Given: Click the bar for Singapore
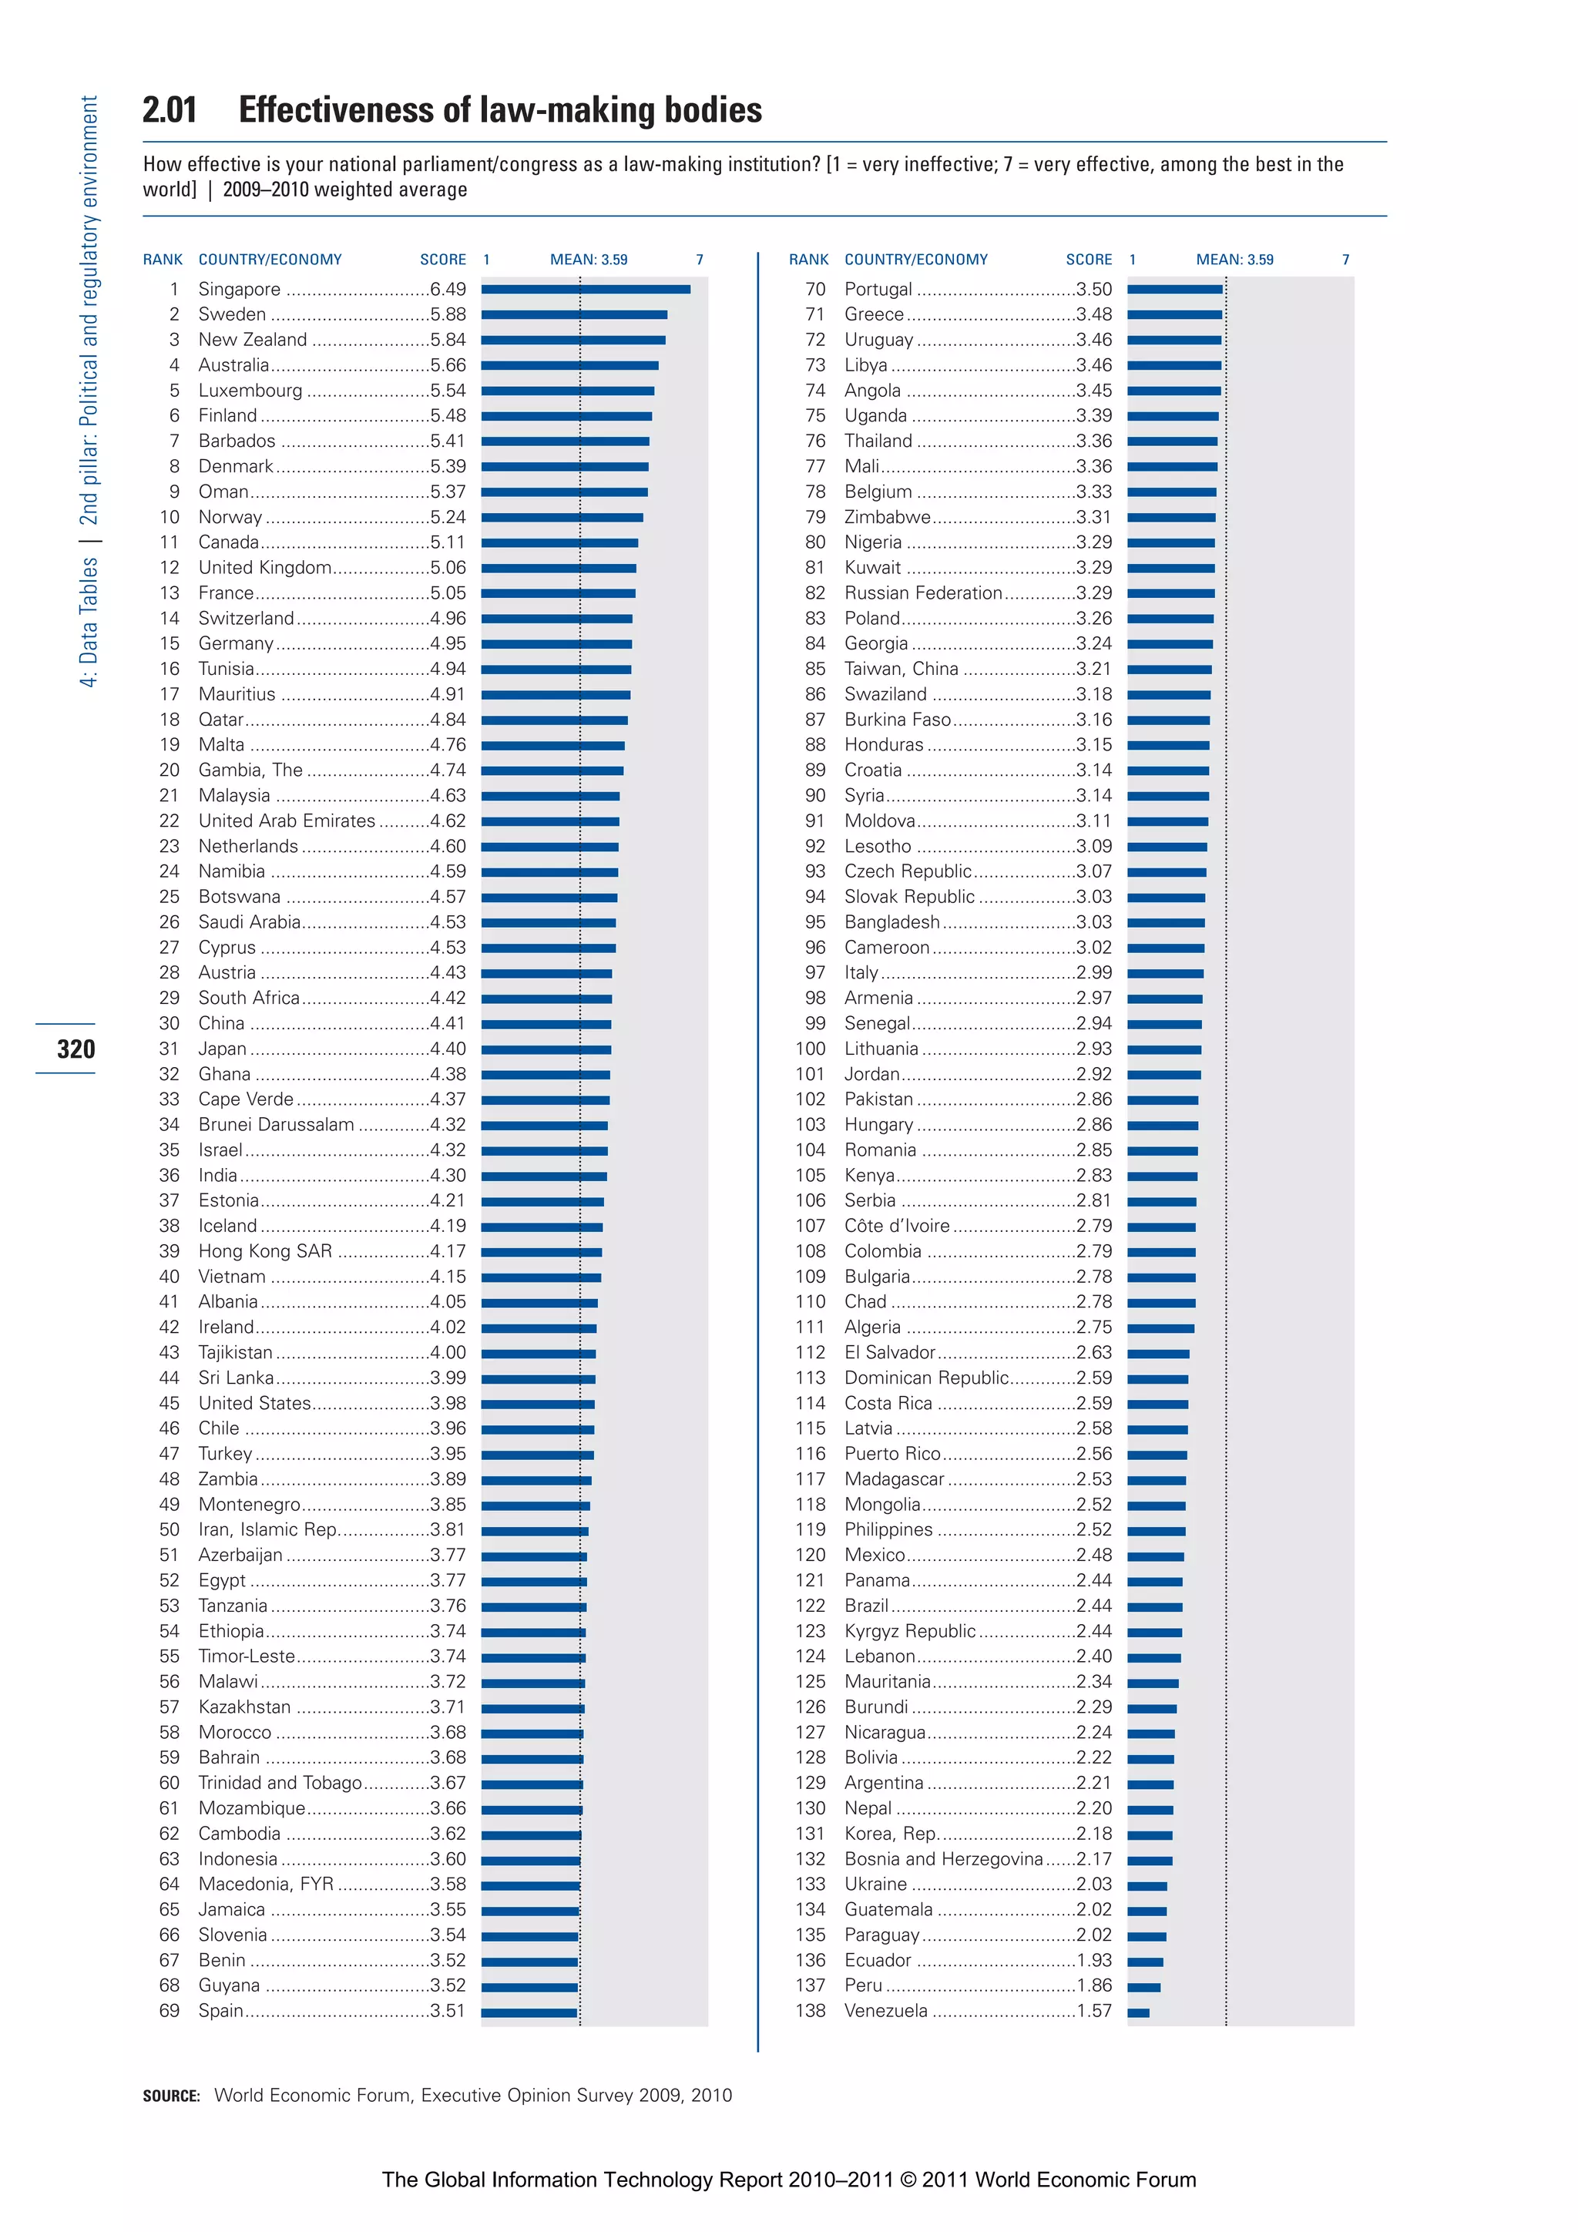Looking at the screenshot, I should pyautogui.click(x=586, y=289).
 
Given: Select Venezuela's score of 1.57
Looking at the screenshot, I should pyautogui.click(x=1094, y=2010).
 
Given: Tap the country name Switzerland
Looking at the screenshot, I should pyautogui.click(x=246, y=618).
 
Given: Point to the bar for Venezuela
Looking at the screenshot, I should pyautogui.click(x=1139, y=2012).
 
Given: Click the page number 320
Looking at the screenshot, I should pyautogui.click(x=76, y=1049).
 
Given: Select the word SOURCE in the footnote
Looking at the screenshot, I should pyautogui.click(x=171, y=2096).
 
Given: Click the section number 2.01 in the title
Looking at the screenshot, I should pyautogui.click(x=170, y=110).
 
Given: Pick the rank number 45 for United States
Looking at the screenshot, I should pyautogui.click(x=170, y=1403).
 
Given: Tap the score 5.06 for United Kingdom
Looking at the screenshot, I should pyautogui.click(x=448, y=568).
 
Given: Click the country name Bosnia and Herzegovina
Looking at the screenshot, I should pyautogui.click(x=943, y=1858).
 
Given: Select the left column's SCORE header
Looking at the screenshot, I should pyautogui.click(x=442, y=260).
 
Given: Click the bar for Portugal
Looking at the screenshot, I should pyautogui.click(x=1174, y=289).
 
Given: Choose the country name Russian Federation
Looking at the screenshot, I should pyautogui.click(x=923, y=593).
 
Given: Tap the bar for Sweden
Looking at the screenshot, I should pyautogui.click(x=573, y=314).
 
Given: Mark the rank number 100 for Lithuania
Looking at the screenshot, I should pyautogui.click(x=810, y=1049).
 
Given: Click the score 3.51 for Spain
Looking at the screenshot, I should pyautogui.click(x=448, y=2010).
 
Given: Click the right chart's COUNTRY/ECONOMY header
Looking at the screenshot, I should pyautogui.click(x=916, y=260).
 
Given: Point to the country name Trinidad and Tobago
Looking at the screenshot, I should pyautogui.click(x=280, y=1783).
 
